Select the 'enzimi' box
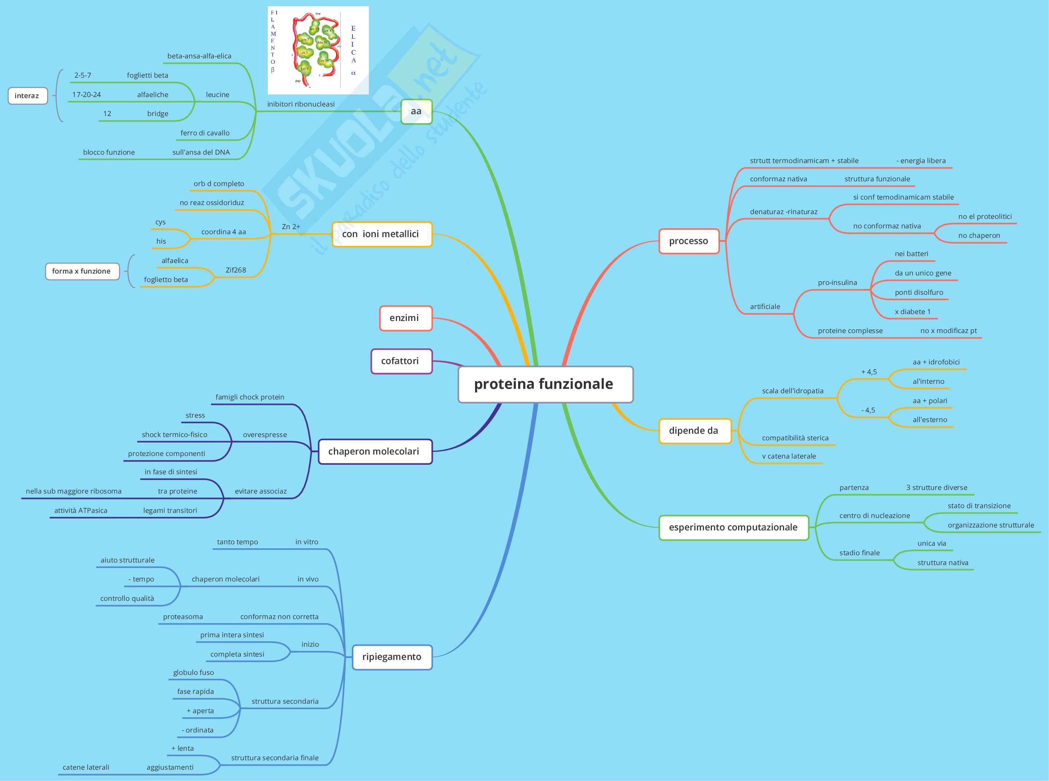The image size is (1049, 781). click(x=405, y=318)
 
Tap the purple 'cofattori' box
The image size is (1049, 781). click(x=401, y=361)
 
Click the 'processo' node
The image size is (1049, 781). click(x=688, y=241)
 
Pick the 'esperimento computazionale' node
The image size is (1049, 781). click(x=733, y=527)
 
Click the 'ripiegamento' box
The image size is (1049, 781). click(x=392, y=657)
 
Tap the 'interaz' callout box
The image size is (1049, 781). click(x=27, y=96)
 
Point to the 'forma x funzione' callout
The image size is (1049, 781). click(x=82, y=271)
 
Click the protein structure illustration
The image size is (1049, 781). click(x=318, y=50)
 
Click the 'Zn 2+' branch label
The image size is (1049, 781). click(x=291, y=227)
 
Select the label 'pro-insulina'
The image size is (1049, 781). click(x=837, y=283)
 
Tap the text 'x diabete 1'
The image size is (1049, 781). click(x=913, y=312)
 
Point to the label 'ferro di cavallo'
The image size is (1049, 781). click(x=205, y=133)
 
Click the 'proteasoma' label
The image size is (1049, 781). click(x=183, y=617)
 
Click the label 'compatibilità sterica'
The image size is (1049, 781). click(x=795, y=438)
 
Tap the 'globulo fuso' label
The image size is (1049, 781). click(x=193, y=673)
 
